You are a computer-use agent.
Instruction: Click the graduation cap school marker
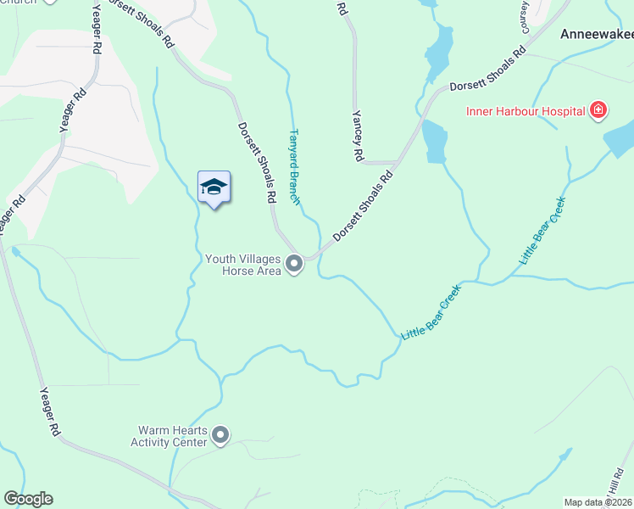(214, 187)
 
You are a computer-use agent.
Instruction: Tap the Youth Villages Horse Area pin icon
(294, 265)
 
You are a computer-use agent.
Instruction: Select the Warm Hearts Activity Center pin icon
(221, 436)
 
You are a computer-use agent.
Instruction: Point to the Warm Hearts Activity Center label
(170, 436)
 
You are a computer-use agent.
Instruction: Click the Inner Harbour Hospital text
(525, 110)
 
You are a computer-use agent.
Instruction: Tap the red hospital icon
(598, 110)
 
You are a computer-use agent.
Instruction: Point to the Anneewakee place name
(597, 36)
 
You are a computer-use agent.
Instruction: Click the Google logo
(28, 499)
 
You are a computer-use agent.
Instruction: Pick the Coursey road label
(524, 14)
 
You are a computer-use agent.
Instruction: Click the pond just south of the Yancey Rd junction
(433, 140)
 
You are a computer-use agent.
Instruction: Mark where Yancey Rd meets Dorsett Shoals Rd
(398, 161)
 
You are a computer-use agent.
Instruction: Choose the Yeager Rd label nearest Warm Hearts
(50, 411)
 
